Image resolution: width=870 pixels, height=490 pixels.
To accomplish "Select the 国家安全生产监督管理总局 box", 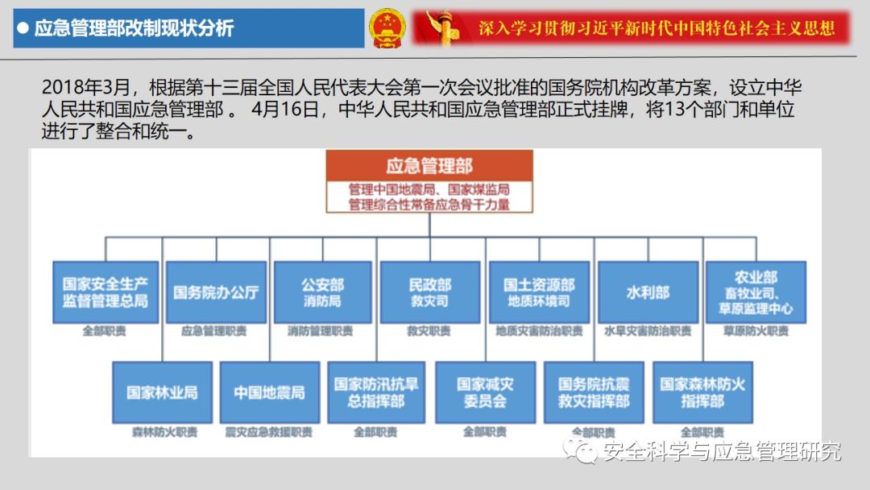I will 106,292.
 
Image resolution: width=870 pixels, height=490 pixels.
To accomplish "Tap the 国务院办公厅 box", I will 216,292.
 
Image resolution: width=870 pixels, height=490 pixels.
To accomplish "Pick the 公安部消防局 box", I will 322,292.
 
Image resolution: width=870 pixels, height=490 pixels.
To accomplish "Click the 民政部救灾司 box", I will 430,292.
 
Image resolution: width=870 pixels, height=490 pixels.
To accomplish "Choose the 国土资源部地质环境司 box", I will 539,292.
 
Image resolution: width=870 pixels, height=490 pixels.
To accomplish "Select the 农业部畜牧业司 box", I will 756,292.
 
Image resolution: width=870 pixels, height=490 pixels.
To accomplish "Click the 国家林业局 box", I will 162,392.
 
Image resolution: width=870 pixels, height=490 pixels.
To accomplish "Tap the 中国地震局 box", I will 270,392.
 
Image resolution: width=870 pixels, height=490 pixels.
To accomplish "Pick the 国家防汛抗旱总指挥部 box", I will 376,392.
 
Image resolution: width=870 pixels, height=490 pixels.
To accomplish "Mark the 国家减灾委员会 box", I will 485,392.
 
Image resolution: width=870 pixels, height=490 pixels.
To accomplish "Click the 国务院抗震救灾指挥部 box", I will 594,392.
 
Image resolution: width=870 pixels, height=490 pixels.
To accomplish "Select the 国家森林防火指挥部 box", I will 702,392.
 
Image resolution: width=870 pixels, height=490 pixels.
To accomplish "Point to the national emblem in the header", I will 388,29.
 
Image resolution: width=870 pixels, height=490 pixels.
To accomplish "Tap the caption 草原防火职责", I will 756,331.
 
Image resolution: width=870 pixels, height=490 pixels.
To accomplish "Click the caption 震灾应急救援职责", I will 269,432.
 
